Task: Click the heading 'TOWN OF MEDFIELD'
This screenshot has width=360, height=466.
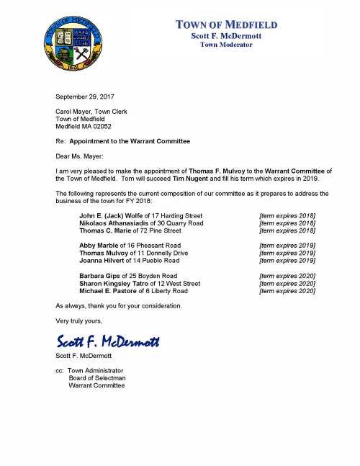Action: pyautogui.click(x=227, y=25)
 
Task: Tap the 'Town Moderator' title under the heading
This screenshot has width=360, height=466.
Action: pyautogui.click(x=226, y=45)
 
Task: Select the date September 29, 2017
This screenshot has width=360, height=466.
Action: pyautogui.click(x=84, y=96)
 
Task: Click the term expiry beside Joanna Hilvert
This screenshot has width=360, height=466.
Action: pyautogui.click(x=287, y=261)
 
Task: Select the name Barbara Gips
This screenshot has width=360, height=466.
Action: pyautogui.click(x=100, y=276)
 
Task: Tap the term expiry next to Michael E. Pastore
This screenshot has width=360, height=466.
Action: pyautogui.click(x=287, y=291)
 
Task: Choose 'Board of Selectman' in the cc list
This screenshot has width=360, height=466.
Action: pyautogui.click(x=96, y=378)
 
